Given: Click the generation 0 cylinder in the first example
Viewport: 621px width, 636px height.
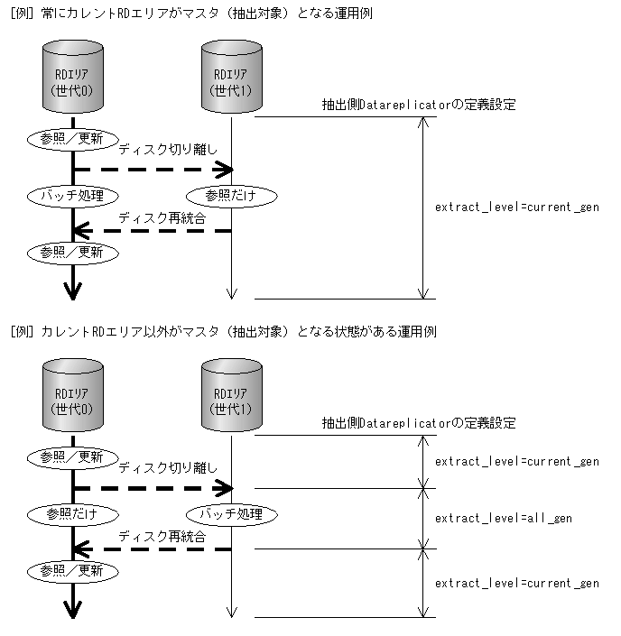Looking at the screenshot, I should (x=72, y=80).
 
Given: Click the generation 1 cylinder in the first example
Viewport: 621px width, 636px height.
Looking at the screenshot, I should (x=231, y=80).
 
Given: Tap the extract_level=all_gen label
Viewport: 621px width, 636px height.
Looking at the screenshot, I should (x=503, y=519).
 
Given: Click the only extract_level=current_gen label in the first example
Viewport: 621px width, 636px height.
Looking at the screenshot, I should (x=516, y=207).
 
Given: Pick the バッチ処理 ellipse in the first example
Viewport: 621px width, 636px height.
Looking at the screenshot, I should (x=72, y=195).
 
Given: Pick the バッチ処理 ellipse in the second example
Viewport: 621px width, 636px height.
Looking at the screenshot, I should (x=231, y=513).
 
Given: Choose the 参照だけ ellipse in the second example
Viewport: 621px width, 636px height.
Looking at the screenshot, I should (x=72, y=513).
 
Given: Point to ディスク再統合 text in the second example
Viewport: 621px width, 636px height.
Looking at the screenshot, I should (x=162, y=535).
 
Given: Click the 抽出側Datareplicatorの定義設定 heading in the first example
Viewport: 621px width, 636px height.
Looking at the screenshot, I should (x=419, y=105).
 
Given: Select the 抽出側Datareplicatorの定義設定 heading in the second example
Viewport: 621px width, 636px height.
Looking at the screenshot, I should (x=419, y=423).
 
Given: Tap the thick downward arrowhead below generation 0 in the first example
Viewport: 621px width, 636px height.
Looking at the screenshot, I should (x=72, y=290).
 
